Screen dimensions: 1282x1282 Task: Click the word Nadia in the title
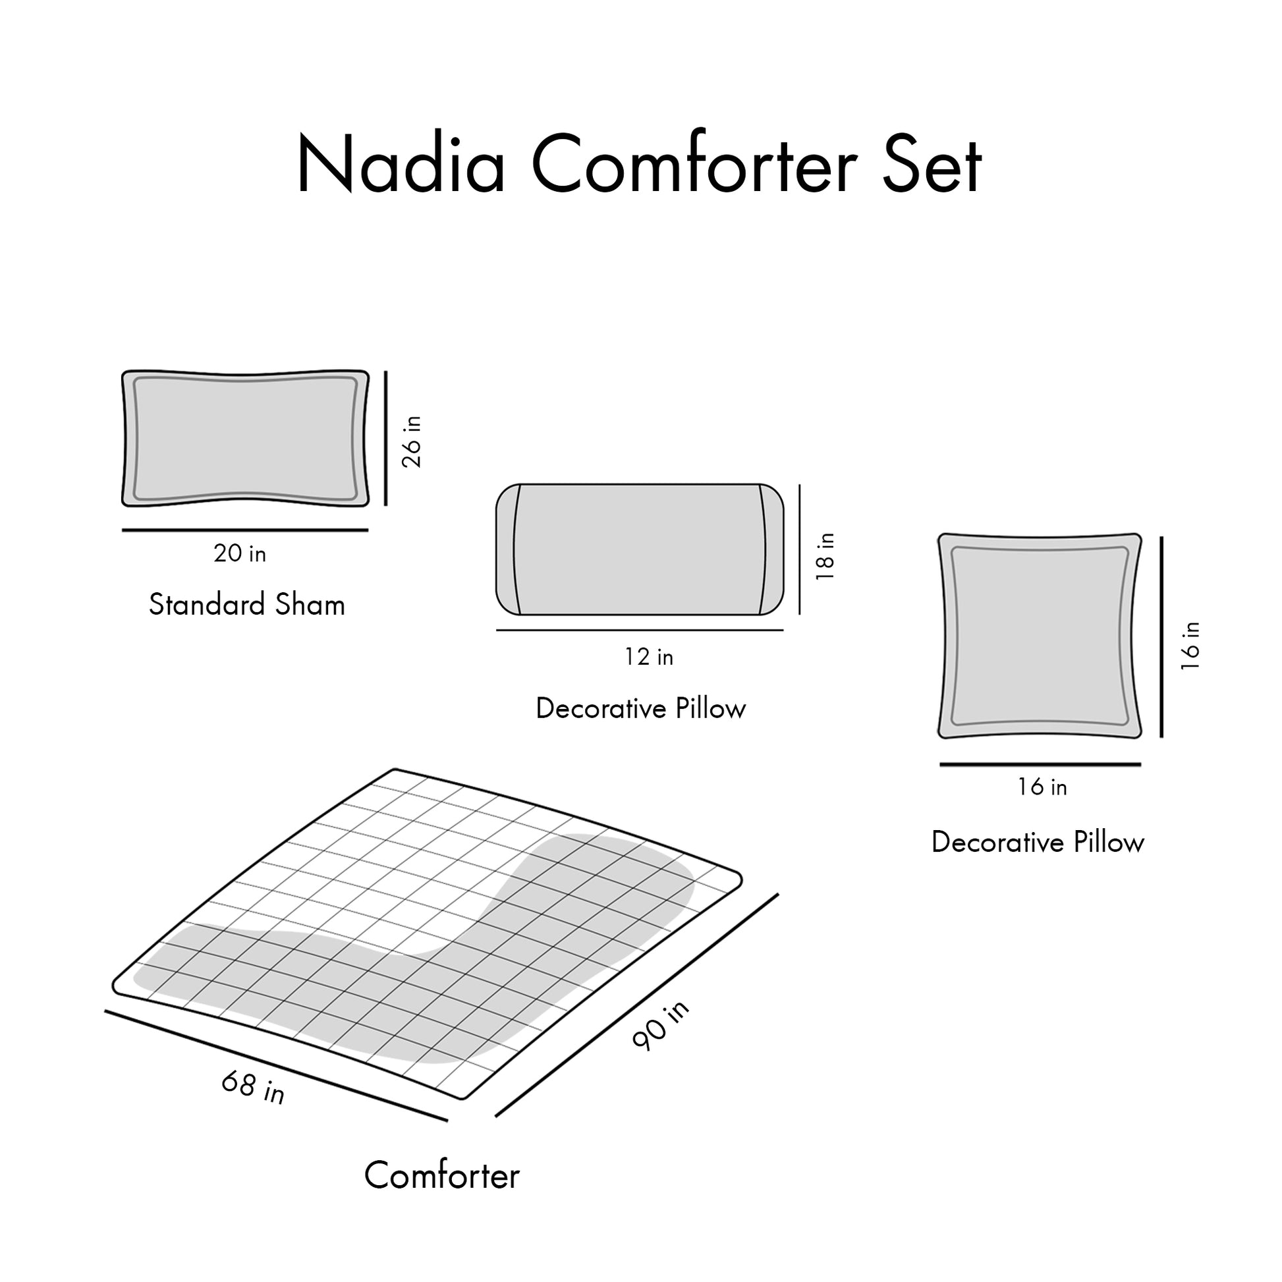tap(401, 164)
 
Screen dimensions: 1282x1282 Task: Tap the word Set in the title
tap(931, 164)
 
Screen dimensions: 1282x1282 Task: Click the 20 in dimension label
tap(240, 553)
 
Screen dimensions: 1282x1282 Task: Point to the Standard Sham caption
tap(247, 605)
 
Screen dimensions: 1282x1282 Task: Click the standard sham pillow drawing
tap(246, 439)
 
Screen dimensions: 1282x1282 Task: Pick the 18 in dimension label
tap(825, 557)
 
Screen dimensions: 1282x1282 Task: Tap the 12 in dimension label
tap(648, 657)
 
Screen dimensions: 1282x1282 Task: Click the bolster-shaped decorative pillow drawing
tap(640, 549)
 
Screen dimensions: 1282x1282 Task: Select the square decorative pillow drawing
tap(1040, 636)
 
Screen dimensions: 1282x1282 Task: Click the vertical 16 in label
tap(1191, 646)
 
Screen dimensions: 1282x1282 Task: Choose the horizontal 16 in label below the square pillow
tap(1042, 787)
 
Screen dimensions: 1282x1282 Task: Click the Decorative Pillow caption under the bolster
tap(641, 709)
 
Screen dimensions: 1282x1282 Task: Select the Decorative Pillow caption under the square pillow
tap(1038, 842)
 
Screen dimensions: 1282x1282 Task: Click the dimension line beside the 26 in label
tap(385, 439)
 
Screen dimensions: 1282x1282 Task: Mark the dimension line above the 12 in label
tap(640, 630)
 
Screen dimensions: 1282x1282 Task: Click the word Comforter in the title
tap(694, 164)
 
